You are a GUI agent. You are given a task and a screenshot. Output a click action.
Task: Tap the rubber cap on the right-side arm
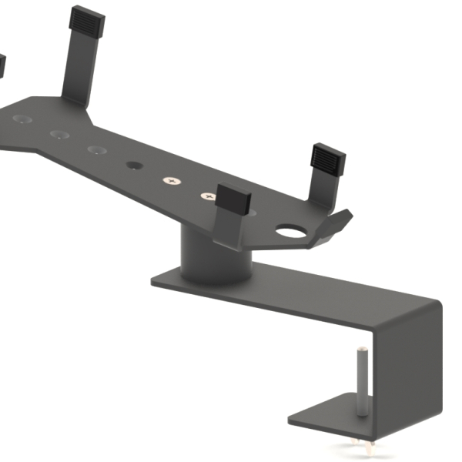click(328, 158)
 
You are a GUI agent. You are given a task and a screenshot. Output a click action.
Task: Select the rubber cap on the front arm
click(234, 199)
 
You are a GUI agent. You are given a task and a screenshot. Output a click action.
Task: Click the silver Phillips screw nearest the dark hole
click(170, 181)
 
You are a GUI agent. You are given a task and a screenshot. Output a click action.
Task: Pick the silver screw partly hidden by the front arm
click(208, 196)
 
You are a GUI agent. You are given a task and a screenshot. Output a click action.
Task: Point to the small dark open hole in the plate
click(135, 165)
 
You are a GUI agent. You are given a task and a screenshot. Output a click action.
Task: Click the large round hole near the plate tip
click(291, 230)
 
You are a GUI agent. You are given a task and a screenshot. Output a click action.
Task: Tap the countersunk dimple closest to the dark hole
click(95, 149)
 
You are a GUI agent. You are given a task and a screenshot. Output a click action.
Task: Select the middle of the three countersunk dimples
click(59, 134)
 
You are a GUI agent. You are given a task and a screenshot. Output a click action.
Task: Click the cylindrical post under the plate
click(216, 258)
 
